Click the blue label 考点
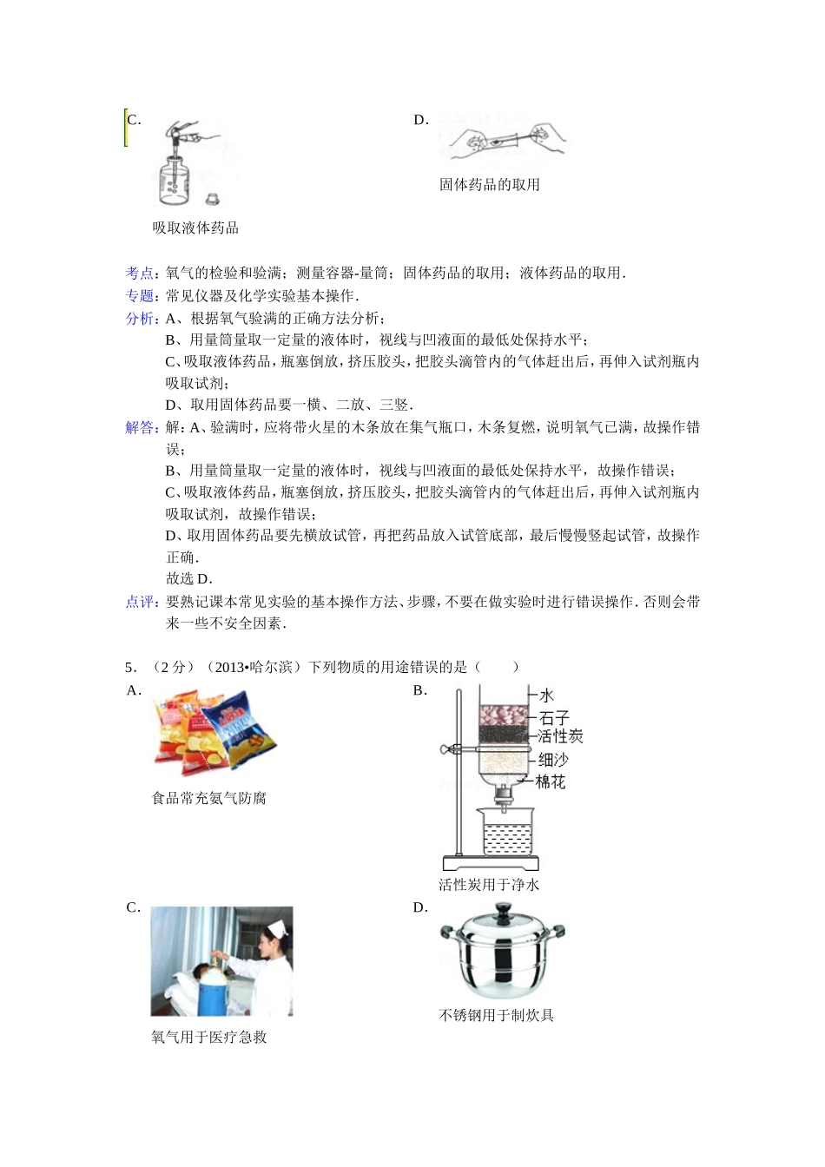[140, 274]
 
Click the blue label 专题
[140, 296]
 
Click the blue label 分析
[140, 319]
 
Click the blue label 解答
[140, 427]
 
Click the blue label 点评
[140, 602]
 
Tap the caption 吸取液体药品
[195, 228]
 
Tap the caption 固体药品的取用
[490, 185]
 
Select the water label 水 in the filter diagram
[546, 696]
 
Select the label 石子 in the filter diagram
[554, 718]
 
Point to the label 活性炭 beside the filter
[560, 736]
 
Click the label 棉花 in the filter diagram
[551, 782]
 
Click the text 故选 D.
[189, 579]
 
